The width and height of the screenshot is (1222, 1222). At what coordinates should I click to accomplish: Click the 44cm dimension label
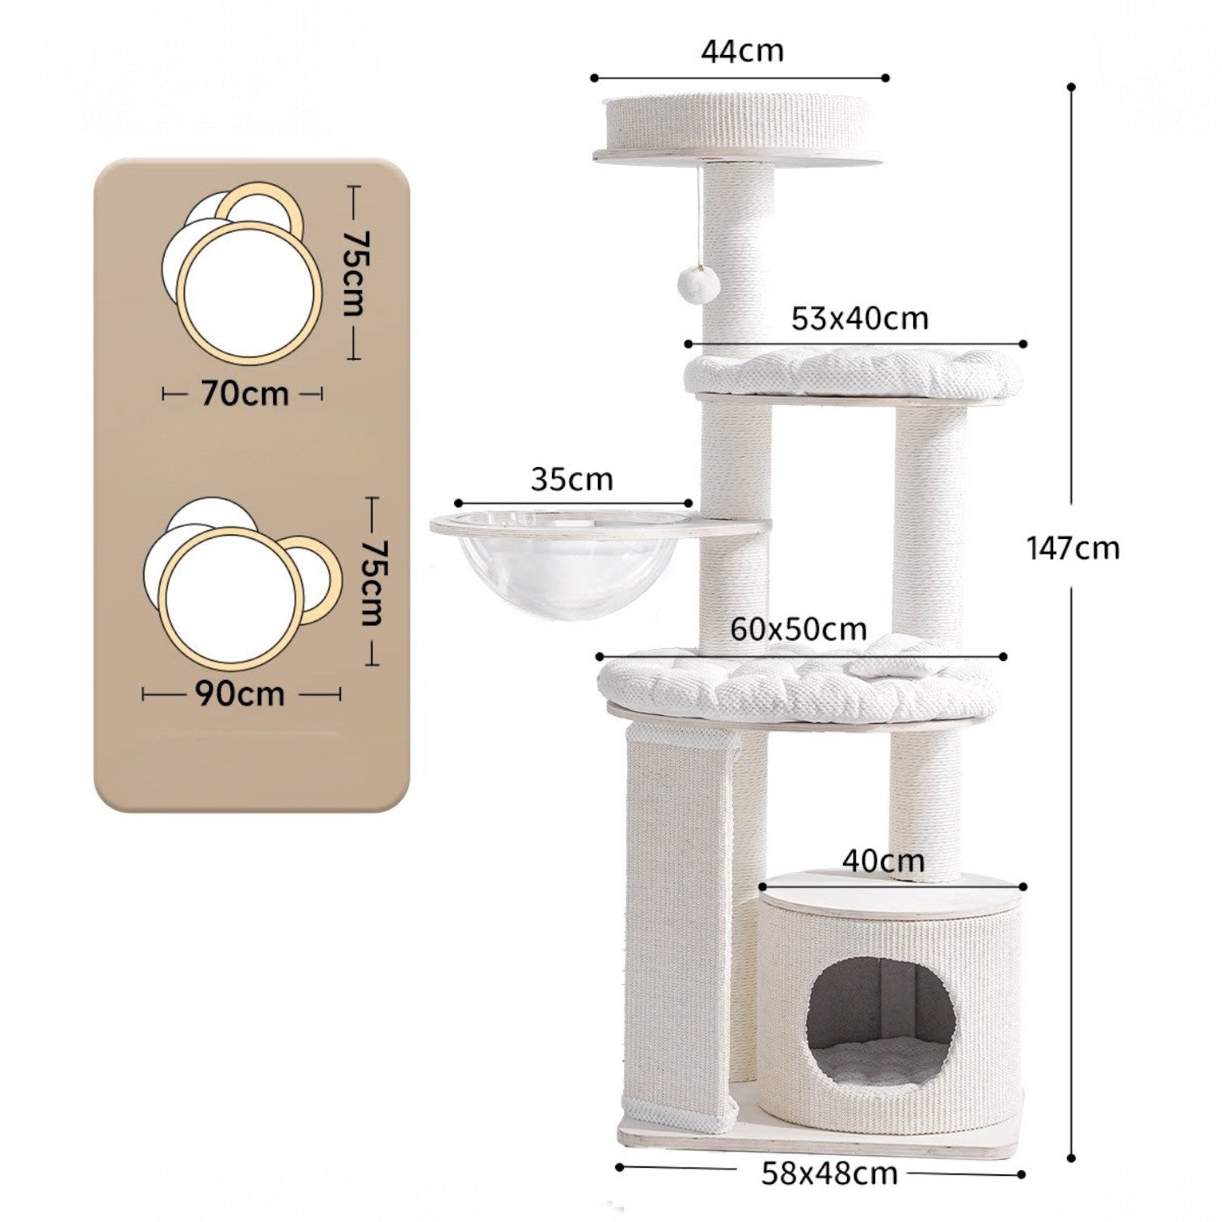742,51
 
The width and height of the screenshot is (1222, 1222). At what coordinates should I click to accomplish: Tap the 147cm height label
1073,549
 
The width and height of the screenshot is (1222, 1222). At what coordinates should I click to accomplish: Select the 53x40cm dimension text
860,318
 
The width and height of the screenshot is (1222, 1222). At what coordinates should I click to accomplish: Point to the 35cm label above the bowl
572,479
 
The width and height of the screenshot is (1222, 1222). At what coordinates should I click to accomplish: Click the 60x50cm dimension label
799,629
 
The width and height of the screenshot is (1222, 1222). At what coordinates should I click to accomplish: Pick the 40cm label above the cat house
883,861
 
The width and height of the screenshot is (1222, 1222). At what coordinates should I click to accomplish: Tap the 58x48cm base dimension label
829,1174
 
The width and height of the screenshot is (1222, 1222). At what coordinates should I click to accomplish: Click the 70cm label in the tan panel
245,394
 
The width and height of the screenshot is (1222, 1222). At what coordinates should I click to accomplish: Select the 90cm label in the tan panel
240,693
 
